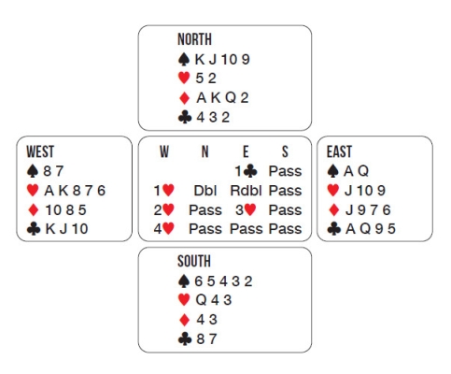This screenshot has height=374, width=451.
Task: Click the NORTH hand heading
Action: pyautogui.click(x=194, y=39)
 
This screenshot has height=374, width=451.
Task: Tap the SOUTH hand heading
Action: pyautogui.click(x=194, y=261)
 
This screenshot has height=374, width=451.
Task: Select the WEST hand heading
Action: pyautogui.click(x=40, y=151)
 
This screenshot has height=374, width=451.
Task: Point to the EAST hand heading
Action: pyautogui.click(x=339, y=151)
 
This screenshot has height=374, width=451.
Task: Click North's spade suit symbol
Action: pyautogui.click(x=184, y=59)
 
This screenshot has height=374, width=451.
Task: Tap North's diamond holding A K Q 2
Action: pyautogui.click(x=222, y=98)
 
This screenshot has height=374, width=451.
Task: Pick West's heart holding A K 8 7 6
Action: pyautogui.click(x=75, y=191)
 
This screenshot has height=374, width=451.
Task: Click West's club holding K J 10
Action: pyautogui.click(x=66, y=229)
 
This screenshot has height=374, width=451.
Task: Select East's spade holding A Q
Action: pyautogui.click(x=356, y=171)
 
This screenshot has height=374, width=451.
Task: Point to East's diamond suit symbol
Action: pyautogui.click(x=333, y=209)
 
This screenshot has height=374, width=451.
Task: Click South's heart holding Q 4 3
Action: pyautogui.click(x=214, y=300)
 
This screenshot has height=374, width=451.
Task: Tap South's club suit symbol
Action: pyautogui.click(x=185, y=338)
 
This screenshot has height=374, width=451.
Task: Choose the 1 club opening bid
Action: pyautogui.click(x=246, y=171)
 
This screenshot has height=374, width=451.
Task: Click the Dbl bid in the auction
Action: pyautogui.click(x=205, y=191)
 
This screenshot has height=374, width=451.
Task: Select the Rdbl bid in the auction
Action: pyautogui.click(x=246, y=191)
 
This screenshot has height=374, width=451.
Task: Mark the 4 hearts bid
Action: pyautogui.click(x=163, y=229)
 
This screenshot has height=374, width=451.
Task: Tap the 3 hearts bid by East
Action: pyautogui.click(x=246, y=210)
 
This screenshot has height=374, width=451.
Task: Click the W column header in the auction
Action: pyautogui.click(x=164, y=151)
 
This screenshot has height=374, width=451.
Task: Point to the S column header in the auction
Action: pyautogui.click(x=285, y=151)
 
